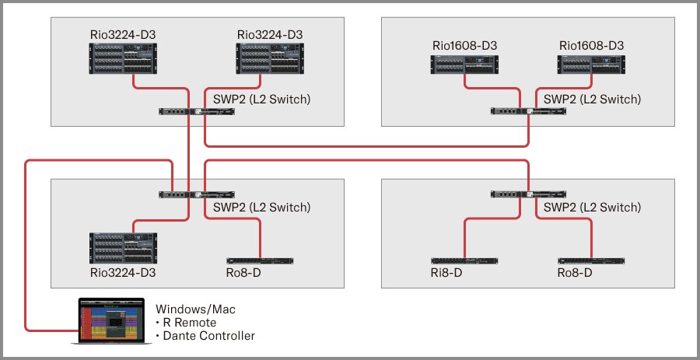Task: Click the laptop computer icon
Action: click(x=109, y=321)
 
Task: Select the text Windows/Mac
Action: click(x=195, y=309)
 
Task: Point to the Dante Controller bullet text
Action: click(x=205, y=336)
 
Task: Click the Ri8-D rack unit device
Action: click(x=465, y=260)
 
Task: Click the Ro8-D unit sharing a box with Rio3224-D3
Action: click(x=260, y=260)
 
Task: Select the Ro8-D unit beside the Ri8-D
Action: click(x=590, y=260)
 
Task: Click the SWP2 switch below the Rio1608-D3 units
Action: click(x=528, y=111)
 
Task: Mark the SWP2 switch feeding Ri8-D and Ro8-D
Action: click(x=528, y=194)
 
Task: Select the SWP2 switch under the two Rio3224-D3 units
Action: click(x=197, y=111)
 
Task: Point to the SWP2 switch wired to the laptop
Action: click(x=197, y=194)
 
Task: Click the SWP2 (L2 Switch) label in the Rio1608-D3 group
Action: click(x=592, y=99)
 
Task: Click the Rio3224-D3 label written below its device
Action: click(x=123, y=273)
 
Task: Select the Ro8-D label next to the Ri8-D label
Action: click(x=575, y=273)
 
